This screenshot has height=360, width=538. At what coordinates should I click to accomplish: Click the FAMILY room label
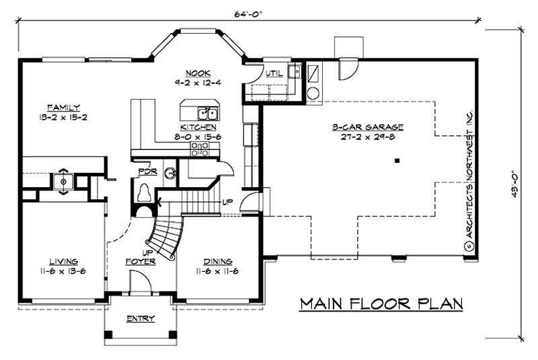64,107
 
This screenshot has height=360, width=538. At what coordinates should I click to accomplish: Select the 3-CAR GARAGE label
367,127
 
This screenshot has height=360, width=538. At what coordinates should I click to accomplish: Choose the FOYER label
141,261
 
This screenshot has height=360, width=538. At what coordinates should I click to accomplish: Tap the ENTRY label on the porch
141,318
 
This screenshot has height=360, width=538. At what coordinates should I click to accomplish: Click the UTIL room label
274,73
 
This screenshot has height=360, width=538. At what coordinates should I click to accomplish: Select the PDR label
147,172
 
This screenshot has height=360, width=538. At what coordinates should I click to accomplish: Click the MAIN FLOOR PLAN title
381,303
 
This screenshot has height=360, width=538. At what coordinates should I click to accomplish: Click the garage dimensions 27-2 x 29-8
367,136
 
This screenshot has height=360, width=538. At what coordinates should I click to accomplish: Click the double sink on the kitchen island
207,112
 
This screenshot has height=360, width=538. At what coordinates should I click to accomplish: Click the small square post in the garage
397,161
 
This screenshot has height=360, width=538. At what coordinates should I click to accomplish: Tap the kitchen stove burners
199,149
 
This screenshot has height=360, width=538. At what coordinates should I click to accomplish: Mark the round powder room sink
170,172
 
